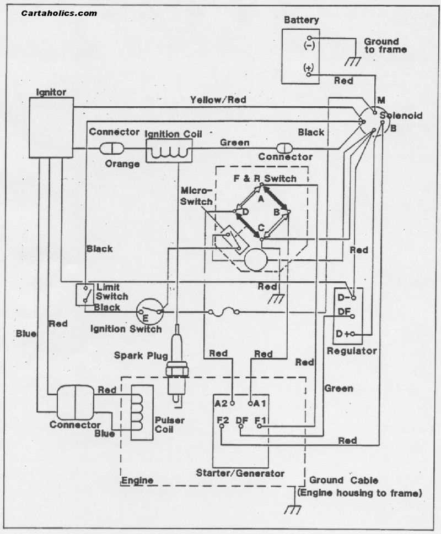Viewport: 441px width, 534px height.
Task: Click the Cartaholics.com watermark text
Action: click(x=59, y=13)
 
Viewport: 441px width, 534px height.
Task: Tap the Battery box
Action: click(x=300, y=56)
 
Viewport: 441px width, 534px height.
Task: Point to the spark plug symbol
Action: click(x=177, y=366)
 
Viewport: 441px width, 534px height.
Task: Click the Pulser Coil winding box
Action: click(x=142, y=411)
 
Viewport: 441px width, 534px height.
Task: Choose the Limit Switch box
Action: click(x=85, y=295)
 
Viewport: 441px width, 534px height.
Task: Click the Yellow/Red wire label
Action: click(x=218, y=100)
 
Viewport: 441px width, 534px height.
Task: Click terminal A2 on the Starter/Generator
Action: click(x=222, y=402)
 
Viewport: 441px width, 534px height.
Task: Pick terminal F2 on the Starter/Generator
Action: click(x=222, y=421)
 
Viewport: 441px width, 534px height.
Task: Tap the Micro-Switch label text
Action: click(x=197, y=195)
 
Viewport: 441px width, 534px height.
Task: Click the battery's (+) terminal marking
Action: click(x=308, y=68)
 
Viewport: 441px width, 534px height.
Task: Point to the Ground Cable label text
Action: click(x=343, y=480)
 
